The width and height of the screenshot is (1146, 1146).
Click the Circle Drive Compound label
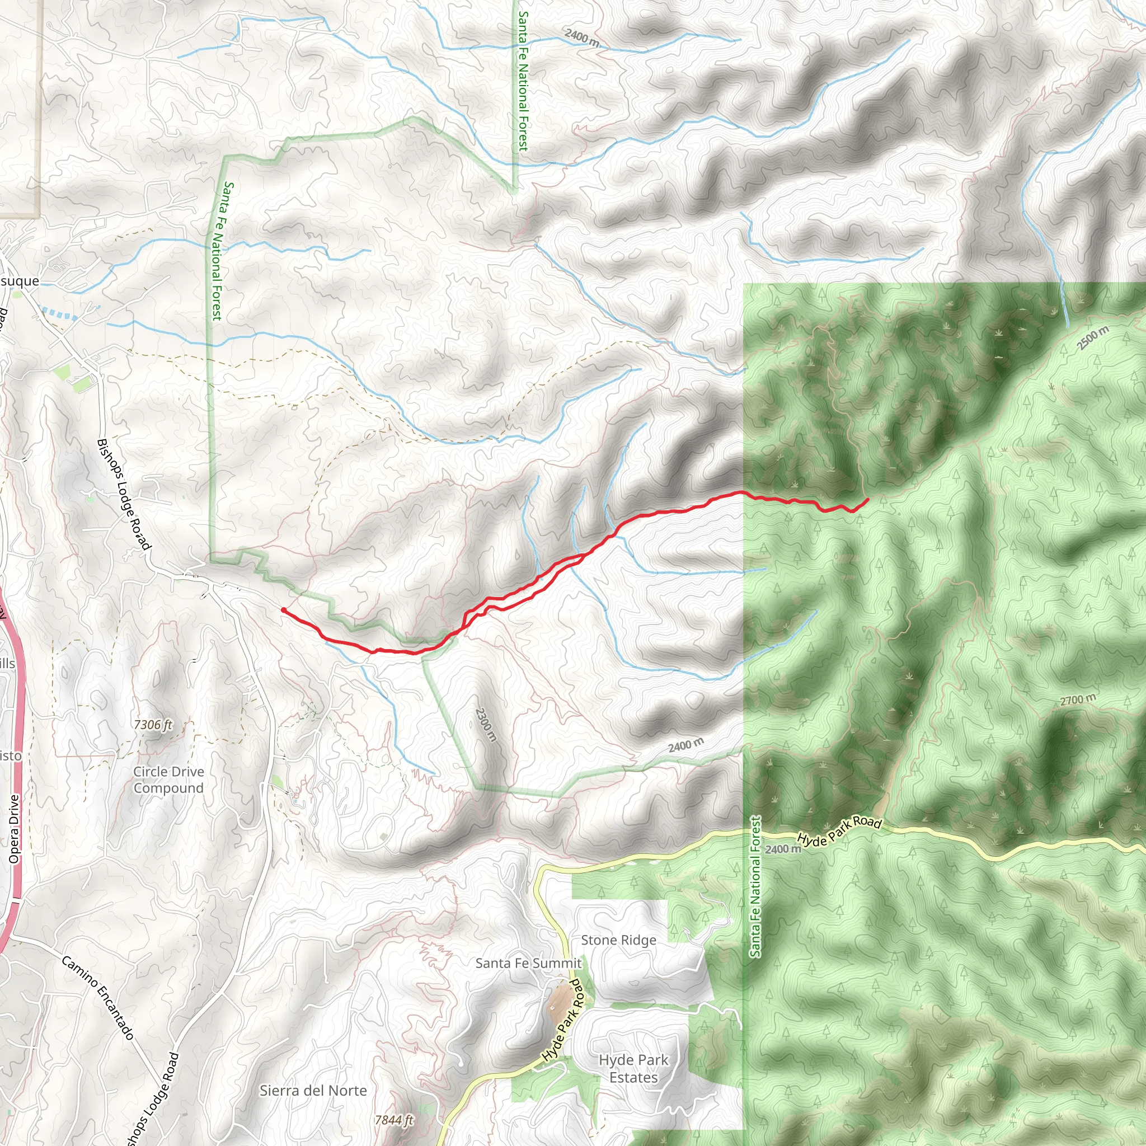tap(168, 779)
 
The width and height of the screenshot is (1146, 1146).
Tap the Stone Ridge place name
tap(618, 940)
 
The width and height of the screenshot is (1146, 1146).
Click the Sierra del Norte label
tap(313, 1090)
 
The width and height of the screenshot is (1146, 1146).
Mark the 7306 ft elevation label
tap(153, 724)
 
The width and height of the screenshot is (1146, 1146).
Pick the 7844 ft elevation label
tap(394, 1119)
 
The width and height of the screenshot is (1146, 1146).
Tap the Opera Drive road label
tap(14, 829)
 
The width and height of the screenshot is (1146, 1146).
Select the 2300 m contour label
tap(485, 724)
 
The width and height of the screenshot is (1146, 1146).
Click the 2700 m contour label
tap(1078, 701)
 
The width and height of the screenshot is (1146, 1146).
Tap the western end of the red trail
tap(284, 610)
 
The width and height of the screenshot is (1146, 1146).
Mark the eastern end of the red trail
tap(868, 500)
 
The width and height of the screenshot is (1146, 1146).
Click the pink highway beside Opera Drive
tap(18, 712)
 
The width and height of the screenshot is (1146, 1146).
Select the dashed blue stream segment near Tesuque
tap(59, 313)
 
